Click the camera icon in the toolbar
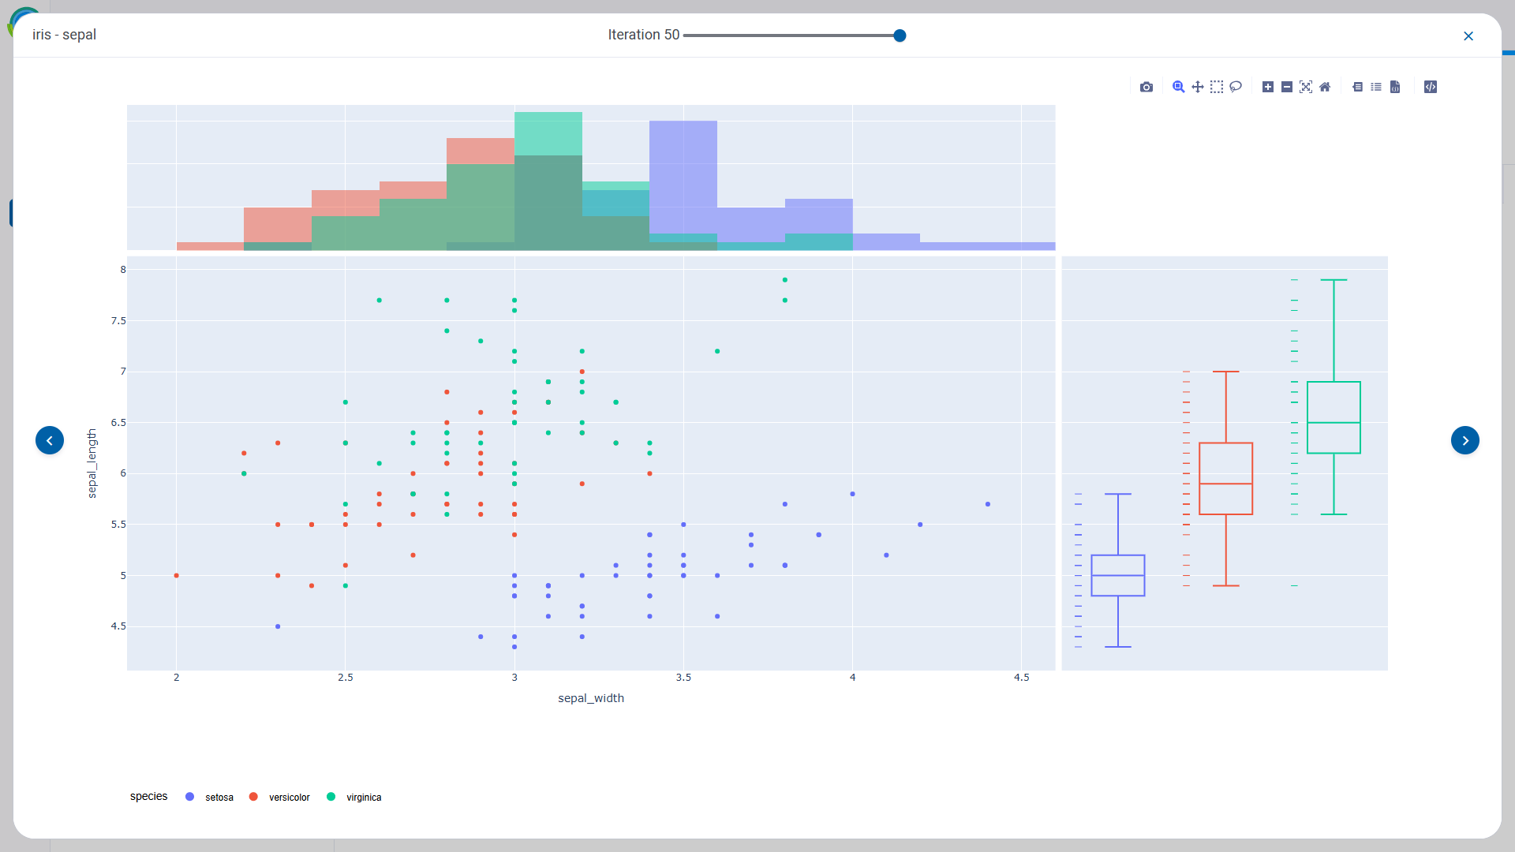click(1147, 87)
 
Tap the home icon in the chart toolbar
click(1325, 87)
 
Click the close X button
click(1468, 36)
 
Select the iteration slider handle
click(900, 35)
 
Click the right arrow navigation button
click(1465, 440)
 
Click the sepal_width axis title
click(591, 698)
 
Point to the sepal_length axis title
click(92, 463)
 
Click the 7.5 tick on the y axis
click(118, 321)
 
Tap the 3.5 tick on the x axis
click(683, 678)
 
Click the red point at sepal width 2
click(177, 576)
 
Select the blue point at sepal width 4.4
click(988, 504)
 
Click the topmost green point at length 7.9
click(785, 280)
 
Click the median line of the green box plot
click(1334, 423)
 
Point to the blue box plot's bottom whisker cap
click(1118, 647)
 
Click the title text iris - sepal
click(65, 35)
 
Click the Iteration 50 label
click(643, 35)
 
